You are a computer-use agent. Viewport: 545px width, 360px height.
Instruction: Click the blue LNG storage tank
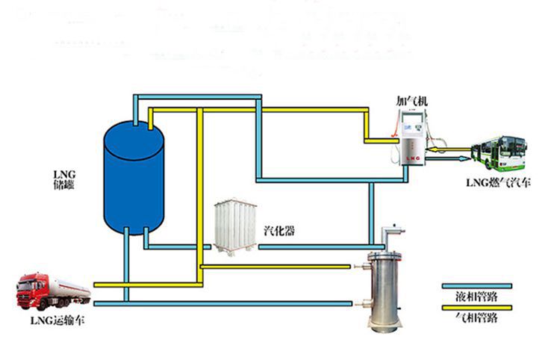pos(134,179)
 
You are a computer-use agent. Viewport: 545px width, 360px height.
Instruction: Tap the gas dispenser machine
pos(412,138)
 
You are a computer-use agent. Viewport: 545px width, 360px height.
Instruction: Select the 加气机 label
pos(411,99)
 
